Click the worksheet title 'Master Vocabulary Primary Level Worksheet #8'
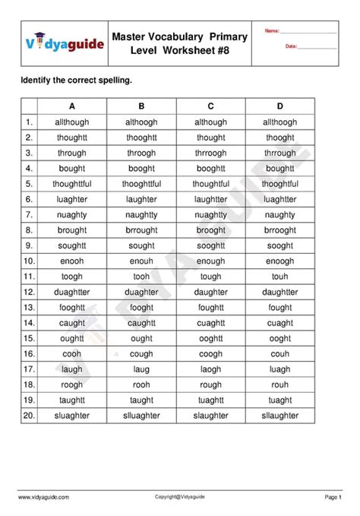coord(180,43)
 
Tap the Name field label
coord(272,31)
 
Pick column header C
coord(210,106)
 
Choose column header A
coord(71,106)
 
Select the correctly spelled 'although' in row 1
coord(210,122)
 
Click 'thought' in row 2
coord(210,138)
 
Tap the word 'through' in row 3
coord(71,153)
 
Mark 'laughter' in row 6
coord(141,199)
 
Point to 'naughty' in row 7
coord(279,215)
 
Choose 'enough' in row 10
coord(210,261)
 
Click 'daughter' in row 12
coord(210,292)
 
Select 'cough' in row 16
coord(141,353)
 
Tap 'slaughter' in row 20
coord(210,416)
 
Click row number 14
coord(29,323)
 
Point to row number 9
coord(29,245)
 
